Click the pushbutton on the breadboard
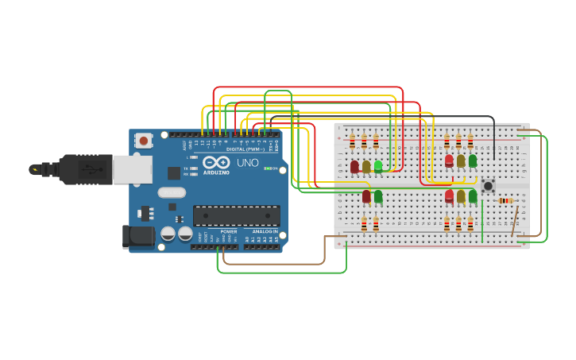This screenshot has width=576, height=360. click(488, 186)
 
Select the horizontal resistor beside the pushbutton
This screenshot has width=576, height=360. click(505, 201)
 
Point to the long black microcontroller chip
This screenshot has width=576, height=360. click(236, 215)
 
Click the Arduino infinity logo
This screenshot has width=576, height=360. click(216, 162)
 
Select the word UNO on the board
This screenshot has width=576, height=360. click(247, 163)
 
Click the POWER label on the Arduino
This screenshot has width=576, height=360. click(229, 231)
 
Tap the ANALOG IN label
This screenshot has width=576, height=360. click(265, 231)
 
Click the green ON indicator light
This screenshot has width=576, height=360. click(269, 168)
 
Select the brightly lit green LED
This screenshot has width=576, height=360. click(378, 166)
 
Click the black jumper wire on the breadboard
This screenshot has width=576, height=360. click(493, 135)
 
